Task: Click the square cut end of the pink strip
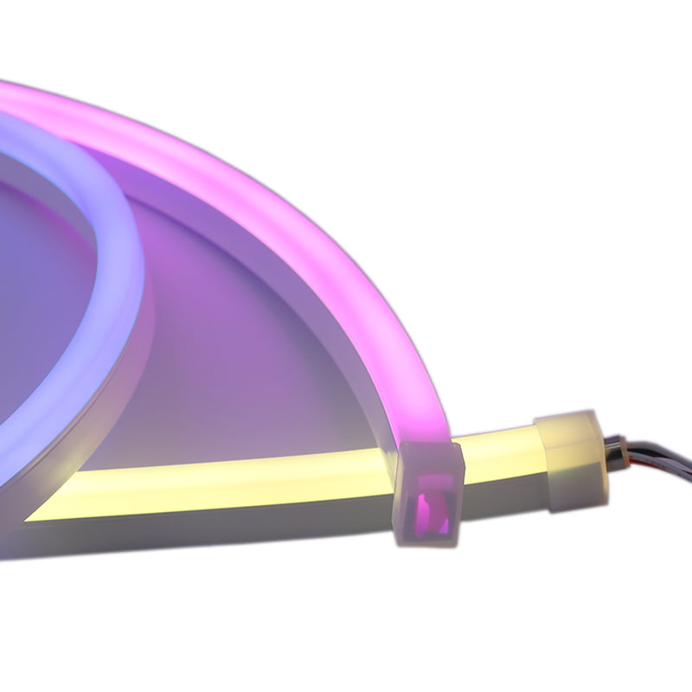[x=430, y=494]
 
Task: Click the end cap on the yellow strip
[x=571, y=458]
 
